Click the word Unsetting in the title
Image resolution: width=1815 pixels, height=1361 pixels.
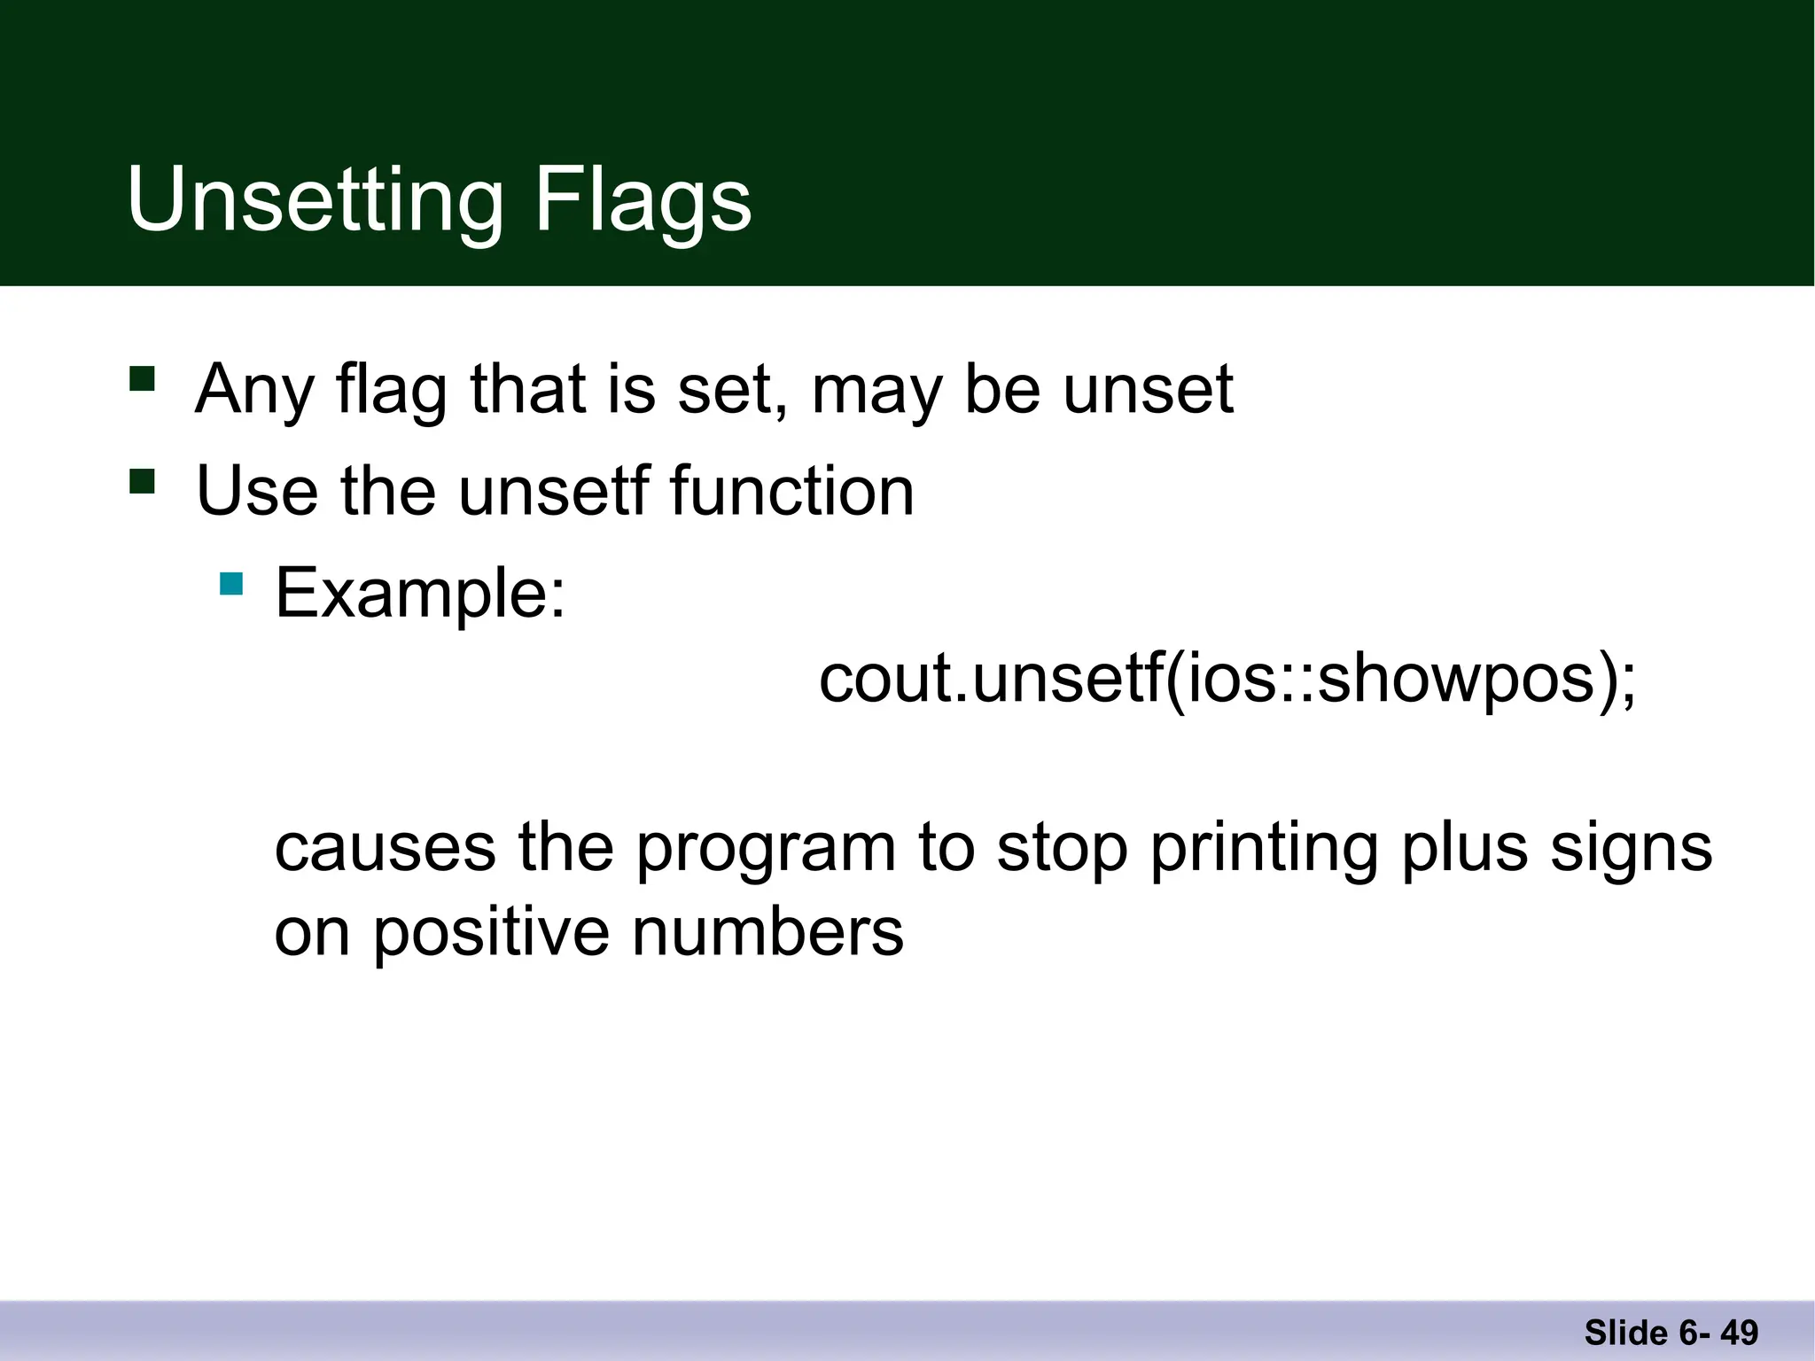(315, 202)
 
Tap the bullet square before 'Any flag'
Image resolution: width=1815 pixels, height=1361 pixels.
(142, 379)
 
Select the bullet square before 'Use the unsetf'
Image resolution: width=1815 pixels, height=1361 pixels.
(142, 482)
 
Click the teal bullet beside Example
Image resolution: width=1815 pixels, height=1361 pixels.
(231, 584)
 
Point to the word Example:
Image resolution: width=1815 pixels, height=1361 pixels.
(420, 593)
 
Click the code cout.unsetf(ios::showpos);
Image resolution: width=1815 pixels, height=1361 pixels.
(1227, 680)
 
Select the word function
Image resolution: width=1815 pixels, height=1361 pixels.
(791, 492)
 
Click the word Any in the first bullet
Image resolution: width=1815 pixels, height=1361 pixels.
(254, 390)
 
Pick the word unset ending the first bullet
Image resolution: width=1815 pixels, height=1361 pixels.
(1148, 390)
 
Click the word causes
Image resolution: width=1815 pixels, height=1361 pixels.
(385, 849)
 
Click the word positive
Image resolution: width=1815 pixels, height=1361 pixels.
(490, 934)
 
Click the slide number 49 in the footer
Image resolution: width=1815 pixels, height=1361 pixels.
(1739, 1333)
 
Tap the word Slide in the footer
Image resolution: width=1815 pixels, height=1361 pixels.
(1626, 1333)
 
